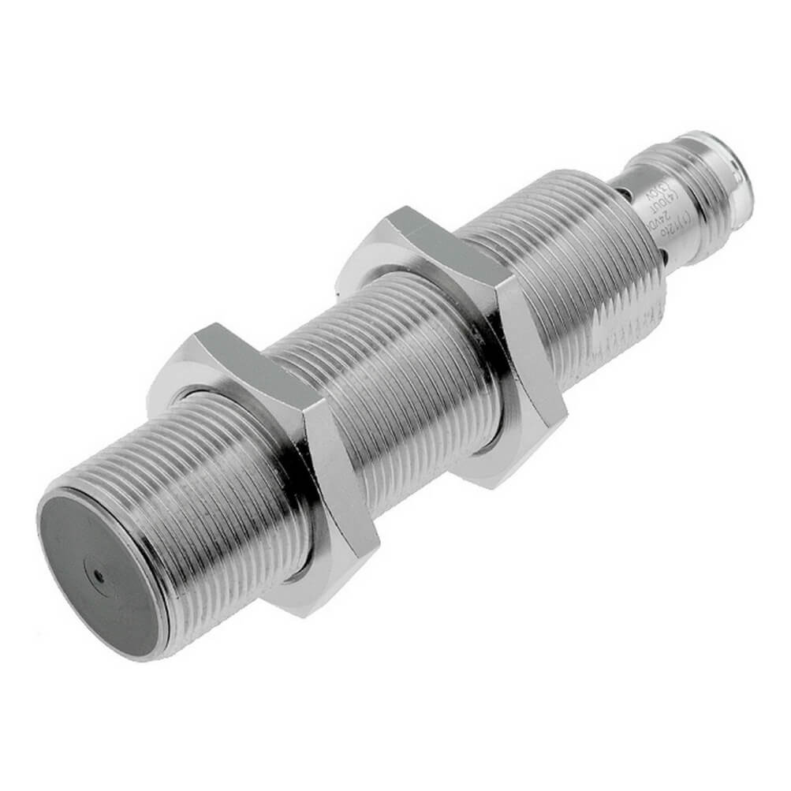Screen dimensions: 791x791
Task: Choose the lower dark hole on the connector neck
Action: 667,254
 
